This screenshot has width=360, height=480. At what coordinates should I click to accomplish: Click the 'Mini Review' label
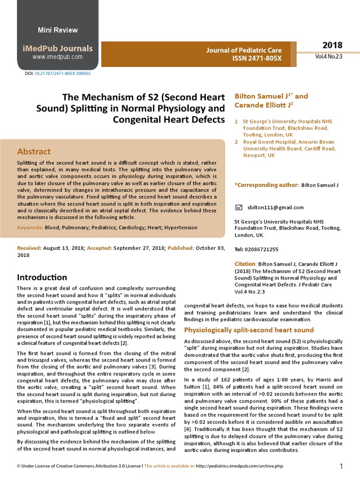[x=58, y=30]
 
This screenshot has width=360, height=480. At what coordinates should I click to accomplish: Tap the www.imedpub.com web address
[x=58, y=57]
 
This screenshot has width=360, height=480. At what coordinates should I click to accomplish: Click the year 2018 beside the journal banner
[x=332, y=45]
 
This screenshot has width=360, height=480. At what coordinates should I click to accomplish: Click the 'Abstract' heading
[x=34, y=151]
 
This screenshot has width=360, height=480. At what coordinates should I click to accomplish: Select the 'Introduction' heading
[x=42, y=277]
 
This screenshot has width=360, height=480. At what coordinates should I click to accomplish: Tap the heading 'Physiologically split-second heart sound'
[x=249, y=330]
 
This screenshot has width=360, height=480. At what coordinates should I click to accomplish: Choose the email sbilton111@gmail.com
[x=276, y=207]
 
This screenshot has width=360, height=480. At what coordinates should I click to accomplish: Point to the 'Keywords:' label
[x=30, y=227]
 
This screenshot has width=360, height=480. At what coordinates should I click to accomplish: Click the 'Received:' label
[x=29, y=247]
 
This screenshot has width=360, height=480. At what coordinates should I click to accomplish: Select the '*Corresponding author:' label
[x=266, y=185]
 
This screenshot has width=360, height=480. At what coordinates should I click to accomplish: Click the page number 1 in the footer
[x=342, y=466]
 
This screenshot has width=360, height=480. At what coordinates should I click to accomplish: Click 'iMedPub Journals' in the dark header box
[x=58, y=48]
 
